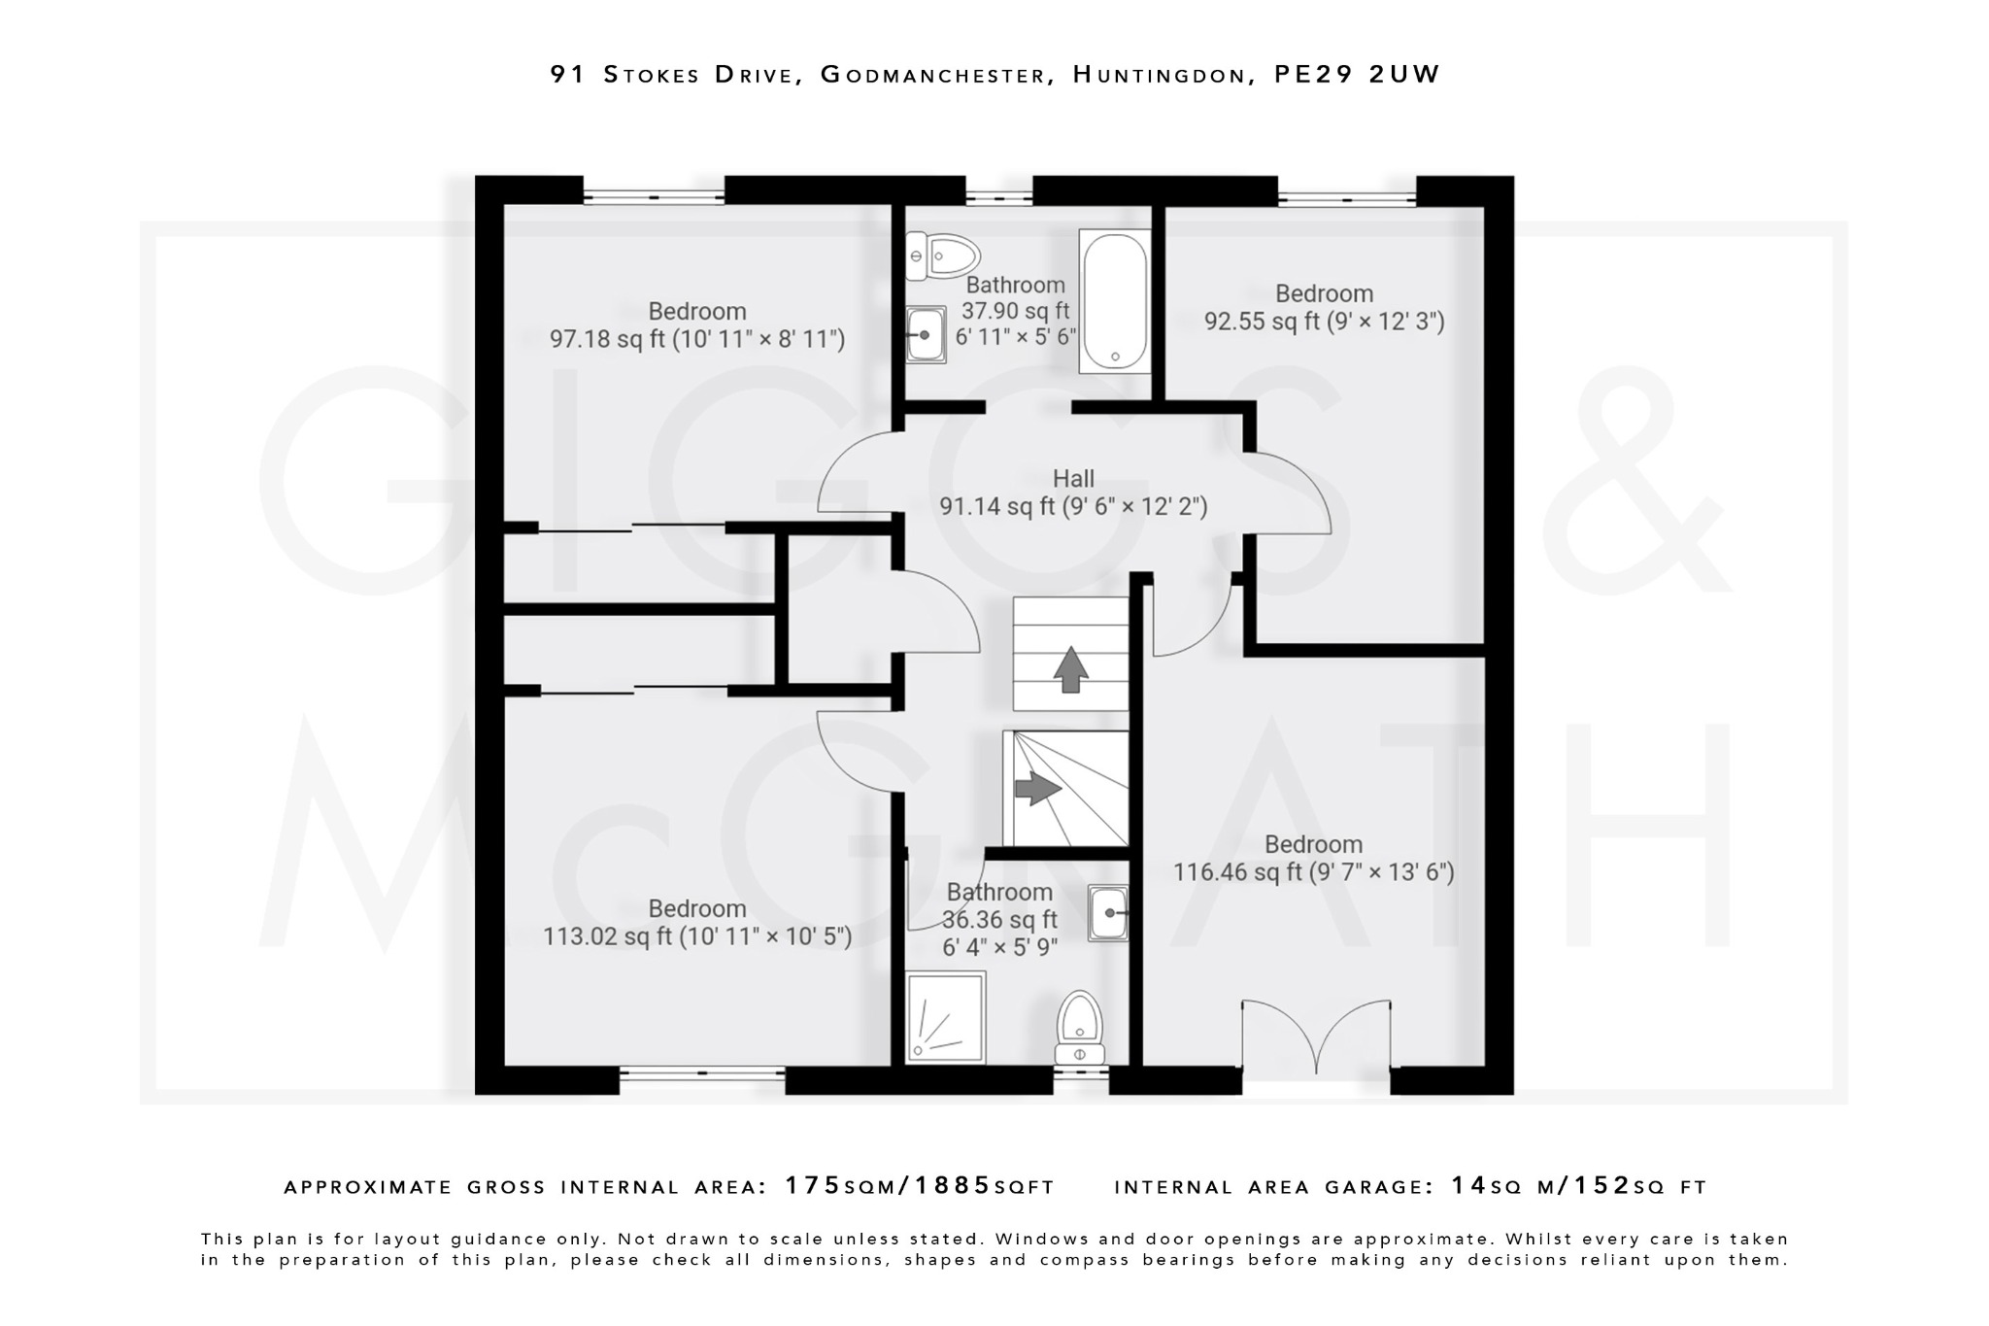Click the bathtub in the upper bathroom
pos(1115,301)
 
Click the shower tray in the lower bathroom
pos(945,1016)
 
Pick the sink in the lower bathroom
pos(1108,913)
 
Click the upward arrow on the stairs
pos(1070,669)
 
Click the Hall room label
pos(1073,478)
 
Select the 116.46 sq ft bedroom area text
pos(1313,872)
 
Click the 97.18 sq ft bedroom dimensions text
pos(697,339)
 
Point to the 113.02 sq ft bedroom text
pos(697,936)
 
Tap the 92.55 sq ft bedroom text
pos(1324,321)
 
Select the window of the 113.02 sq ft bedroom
pos(702,1073)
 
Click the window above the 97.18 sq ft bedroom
pos(654,196)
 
